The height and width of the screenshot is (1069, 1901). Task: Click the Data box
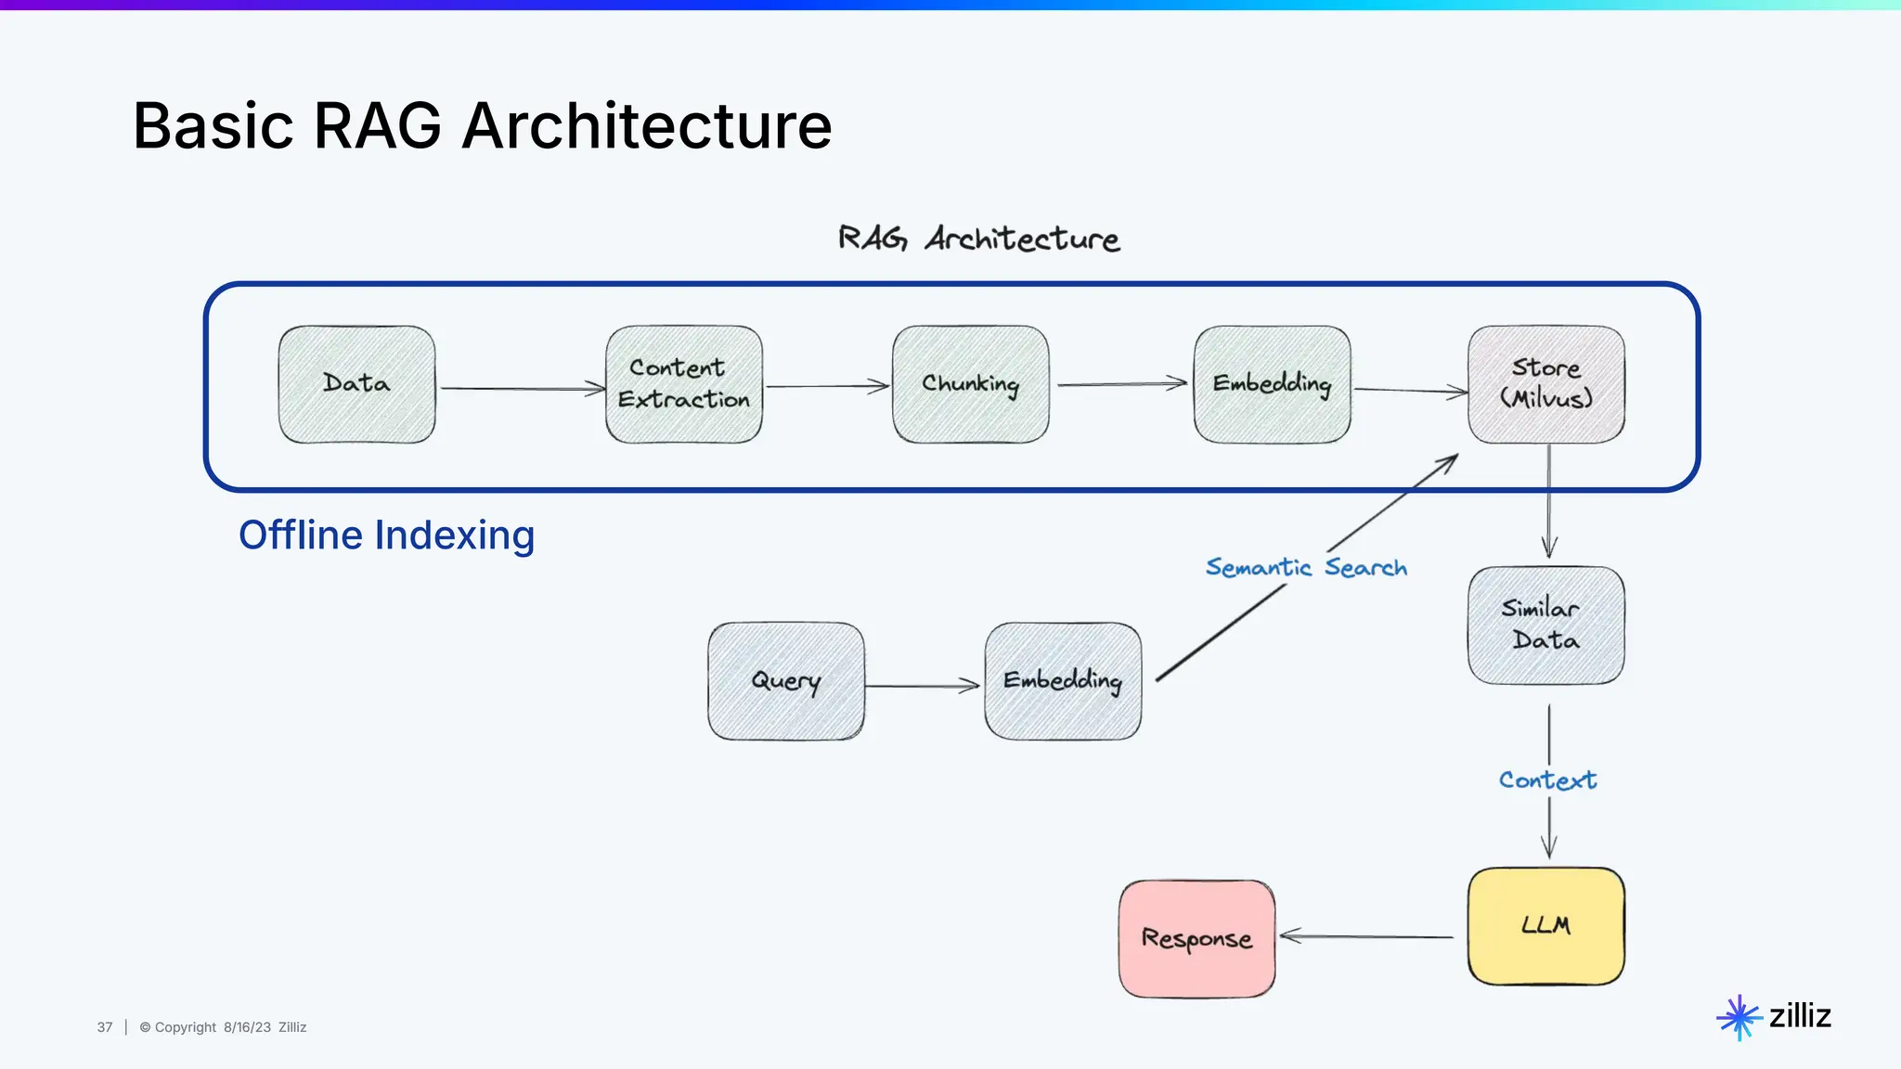coord(357,384)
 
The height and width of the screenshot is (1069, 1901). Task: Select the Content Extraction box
coord(684,384)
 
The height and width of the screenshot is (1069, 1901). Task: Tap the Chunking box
coord(971,384)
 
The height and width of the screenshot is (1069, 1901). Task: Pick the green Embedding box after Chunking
coord(1273,384)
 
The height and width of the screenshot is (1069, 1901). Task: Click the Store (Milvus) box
coord(1546,384)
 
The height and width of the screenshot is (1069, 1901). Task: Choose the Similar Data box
coord(1546,625)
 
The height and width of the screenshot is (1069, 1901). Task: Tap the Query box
coord(786,681)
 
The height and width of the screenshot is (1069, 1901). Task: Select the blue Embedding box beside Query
coord(1063,681)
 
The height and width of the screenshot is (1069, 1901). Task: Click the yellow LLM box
coord(1546,926)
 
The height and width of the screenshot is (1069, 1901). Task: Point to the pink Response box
coord(1197,939)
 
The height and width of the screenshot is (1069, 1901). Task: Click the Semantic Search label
coord(1306,567)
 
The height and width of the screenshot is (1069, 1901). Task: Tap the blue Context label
coord(1548,780)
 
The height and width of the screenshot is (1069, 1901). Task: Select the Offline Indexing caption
coord(387,535)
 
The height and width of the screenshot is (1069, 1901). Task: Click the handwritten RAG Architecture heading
coord(979,238)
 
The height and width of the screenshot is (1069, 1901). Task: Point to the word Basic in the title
coord(213,126)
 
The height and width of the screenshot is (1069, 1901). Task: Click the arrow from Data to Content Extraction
coord(523,389)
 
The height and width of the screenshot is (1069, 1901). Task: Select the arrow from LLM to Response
coord(1366,936)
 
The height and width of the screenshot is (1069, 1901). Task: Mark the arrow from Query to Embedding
coord(923,686)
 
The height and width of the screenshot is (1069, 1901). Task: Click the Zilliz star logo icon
coord(1739,1018)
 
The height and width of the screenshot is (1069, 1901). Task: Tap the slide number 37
coord(105,1027)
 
